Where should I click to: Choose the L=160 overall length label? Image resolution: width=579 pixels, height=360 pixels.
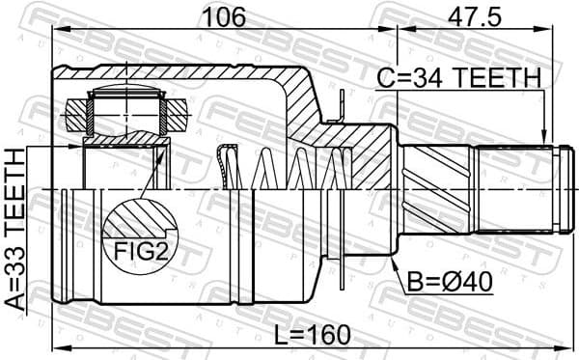pos(310,335)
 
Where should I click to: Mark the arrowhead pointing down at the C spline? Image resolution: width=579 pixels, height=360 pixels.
pos(545,137)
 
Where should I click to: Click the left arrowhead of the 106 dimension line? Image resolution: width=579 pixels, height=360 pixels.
pos(58,29)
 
